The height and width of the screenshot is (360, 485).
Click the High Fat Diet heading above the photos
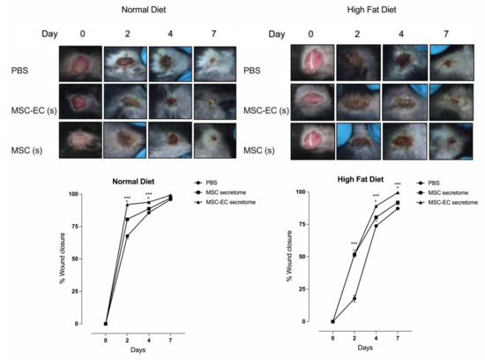[361, 10]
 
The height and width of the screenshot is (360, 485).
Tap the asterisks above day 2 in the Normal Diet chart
[128, 199]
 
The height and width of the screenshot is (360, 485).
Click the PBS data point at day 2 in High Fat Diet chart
[354, 299]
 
